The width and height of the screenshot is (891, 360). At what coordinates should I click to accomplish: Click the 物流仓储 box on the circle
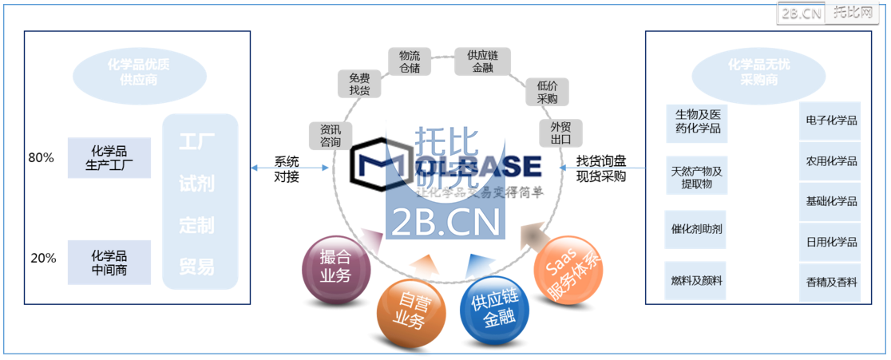point(410,62)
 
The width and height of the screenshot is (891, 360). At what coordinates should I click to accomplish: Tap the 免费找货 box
point(359,84)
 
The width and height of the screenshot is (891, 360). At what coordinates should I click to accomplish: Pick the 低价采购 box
point(548,92)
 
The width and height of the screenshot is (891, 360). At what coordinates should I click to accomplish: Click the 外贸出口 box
point(561,133)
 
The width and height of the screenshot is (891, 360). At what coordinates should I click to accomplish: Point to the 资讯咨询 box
point(331,136)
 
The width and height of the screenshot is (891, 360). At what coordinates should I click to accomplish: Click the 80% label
point(42,158)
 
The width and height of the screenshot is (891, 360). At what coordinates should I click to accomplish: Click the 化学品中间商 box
point(109,263)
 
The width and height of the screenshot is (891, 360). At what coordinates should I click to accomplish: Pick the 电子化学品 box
point(831,121)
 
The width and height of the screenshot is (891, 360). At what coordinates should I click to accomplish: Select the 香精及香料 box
point(831,282)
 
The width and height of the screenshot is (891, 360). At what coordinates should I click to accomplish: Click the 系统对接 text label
point(287,168)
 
